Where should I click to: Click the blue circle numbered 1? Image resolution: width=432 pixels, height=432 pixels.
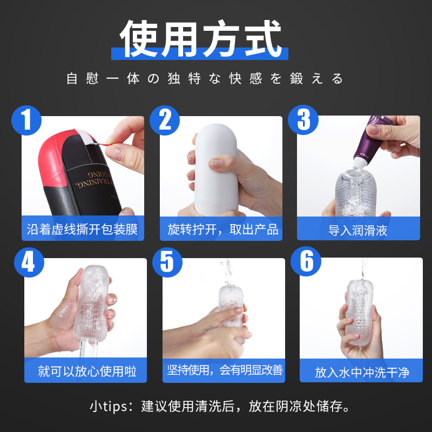[x=26, y=120]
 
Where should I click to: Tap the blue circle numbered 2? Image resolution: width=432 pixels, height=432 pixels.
[x=165, y=120]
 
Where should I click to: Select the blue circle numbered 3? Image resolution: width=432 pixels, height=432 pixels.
[x=303, y=120]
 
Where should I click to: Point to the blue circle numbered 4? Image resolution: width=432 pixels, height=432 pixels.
[x=29, y=262]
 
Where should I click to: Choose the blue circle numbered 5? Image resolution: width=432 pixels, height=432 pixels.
[x=167, y=262]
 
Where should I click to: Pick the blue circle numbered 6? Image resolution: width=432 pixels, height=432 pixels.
[x=306, y=261]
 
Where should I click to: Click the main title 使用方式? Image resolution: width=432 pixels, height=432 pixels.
[x=200, y=38]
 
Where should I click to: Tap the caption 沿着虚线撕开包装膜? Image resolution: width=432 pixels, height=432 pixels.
[x=82, y=229]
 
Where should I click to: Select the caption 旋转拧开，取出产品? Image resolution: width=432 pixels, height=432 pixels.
[x=223, y=229]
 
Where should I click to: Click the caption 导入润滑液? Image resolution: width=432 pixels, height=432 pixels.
[x=358, y=231]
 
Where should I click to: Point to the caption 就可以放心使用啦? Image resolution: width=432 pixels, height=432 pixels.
[x=87, y=371]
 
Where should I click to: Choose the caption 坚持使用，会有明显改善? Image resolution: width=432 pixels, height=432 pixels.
[x=225, y=370]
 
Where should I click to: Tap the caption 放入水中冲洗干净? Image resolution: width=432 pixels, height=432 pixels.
[x=362, y=372]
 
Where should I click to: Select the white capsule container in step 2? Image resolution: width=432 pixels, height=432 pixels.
[x=216, y=168]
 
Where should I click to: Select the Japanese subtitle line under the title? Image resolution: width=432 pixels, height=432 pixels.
[x=205, y=79]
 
